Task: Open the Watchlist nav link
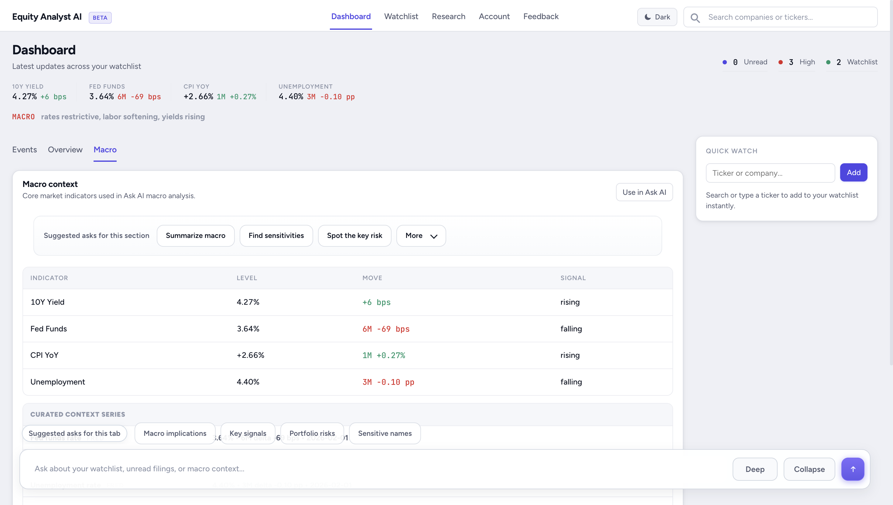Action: pos(401,16)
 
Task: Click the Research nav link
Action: pos(448,16)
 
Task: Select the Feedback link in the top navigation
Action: pos(541,16)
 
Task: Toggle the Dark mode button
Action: pos(657,17)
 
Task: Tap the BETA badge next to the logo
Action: pos(100,18)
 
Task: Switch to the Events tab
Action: pos(24,150)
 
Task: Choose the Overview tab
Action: pos(65,150)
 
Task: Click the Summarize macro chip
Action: pos(195,236)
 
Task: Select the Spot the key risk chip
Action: pos(354,236)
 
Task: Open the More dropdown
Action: pos(421,236)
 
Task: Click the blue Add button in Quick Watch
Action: pos(853,172)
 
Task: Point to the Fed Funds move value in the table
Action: pos(385,329)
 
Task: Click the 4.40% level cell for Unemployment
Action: pos(248,382)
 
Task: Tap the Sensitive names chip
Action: pos(385,433)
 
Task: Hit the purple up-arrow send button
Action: pos(852,469)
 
